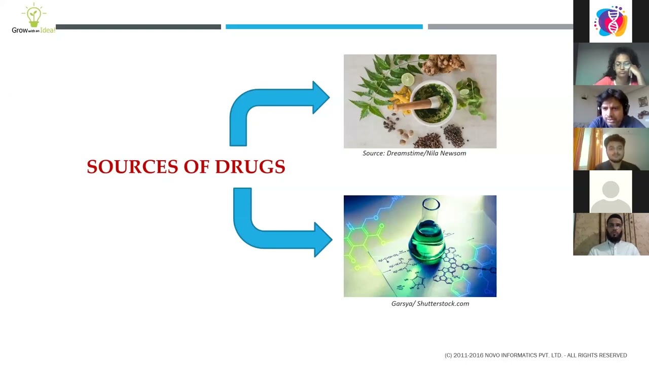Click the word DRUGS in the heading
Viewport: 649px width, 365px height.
(x=250, y=167)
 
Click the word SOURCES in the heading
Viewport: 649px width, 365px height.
(x=132, y=167)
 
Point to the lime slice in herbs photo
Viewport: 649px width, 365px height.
(x=408, y=80)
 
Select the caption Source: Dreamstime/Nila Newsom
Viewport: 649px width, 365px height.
(x=414, y=153)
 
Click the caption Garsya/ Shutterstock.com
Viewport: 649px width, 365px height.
(x=430, y=304)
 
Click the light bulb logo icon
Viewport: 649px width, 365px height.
(x=33, y=16)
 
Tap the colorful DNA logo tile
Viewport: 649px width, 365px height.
(x=610, y=21)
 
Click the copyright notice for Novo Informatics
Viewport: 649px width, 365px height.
(x=535, y=355)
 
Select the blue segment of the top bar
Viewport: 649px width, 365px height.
(x=324, y=27)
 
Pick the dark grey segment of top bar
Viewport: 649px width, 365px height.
(x=138, y=27)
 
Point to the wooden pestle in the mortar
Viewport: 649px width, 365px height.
(x=413, y=105)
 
